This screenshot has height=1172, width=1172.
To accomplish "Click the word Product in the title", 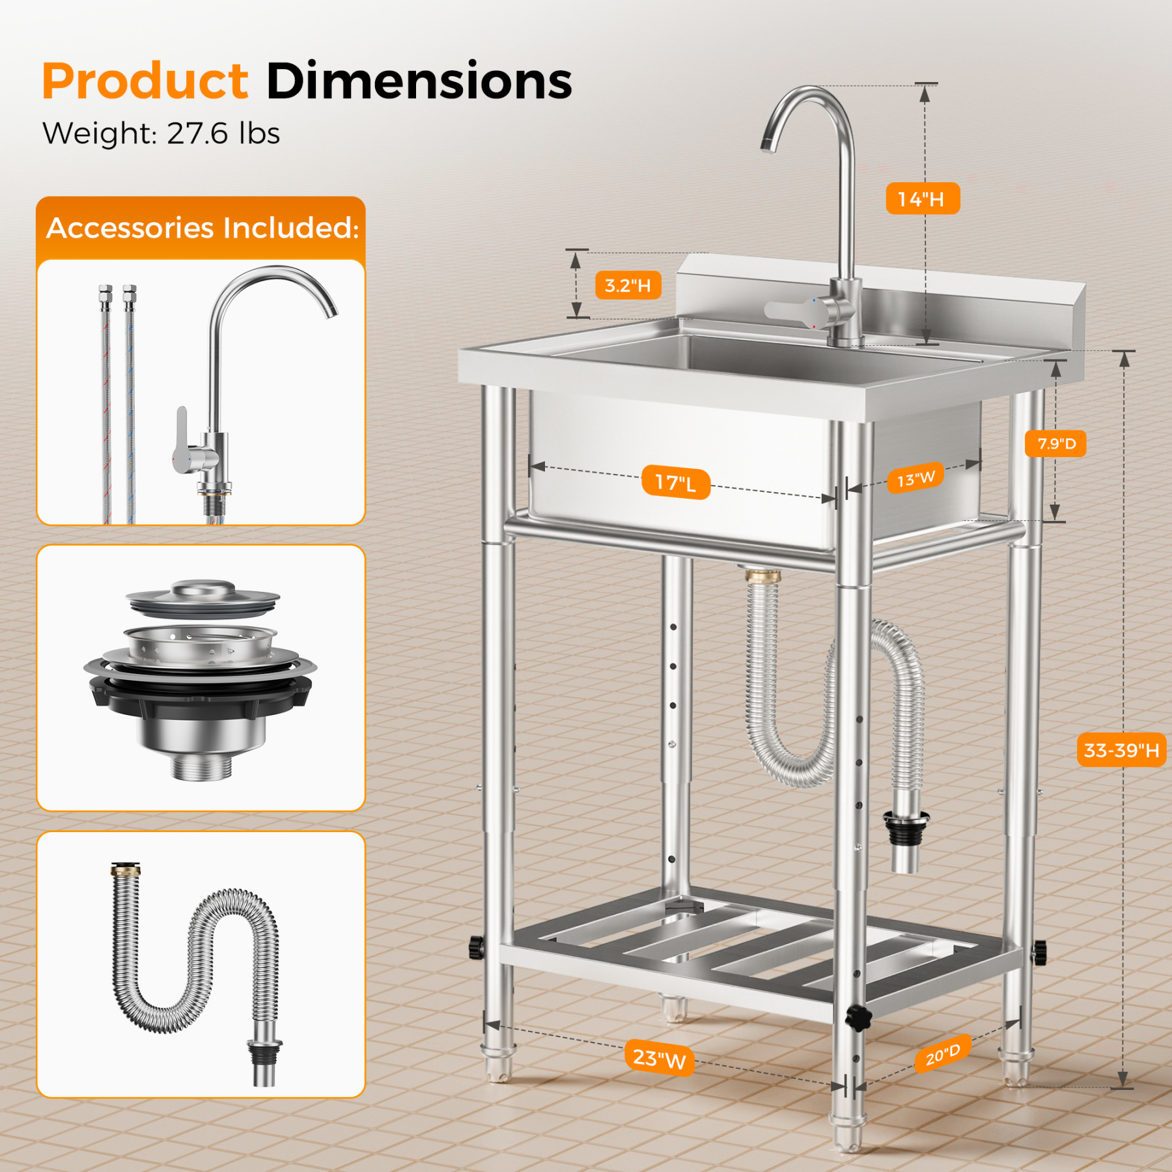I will point(145,81).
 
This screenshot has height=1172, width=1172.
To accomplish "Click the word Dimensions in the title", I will point(419,81).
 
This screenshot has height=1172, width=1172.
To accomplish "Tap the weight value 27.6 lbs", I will point(223,133).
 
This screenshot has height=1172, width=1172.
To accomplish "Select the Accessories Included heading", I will point(202,228).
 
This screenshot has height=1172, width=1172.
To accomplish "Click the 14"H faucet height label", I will point(922,199).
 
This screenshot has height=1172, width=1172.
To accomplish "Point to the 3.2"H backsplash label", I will point(628,285).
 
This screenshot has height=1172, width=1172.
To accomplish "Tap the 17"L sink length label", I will point(675,482).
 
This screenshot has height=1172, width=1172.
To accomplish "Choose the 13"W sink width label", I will point(915,479).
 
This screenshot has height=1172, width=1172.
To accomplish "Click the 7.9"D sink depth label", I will point(1056,444).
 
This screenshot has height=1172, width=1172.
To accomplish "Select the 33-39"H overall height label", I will point(1121,750).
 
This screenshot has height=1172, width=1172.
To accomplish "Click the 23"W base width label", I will point(659,1058).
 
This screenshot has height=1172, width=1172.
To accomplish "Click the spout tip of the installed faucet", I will point(768,145).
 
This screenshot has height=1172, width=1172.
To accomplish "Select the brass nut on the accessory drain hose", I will point(126,869).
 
